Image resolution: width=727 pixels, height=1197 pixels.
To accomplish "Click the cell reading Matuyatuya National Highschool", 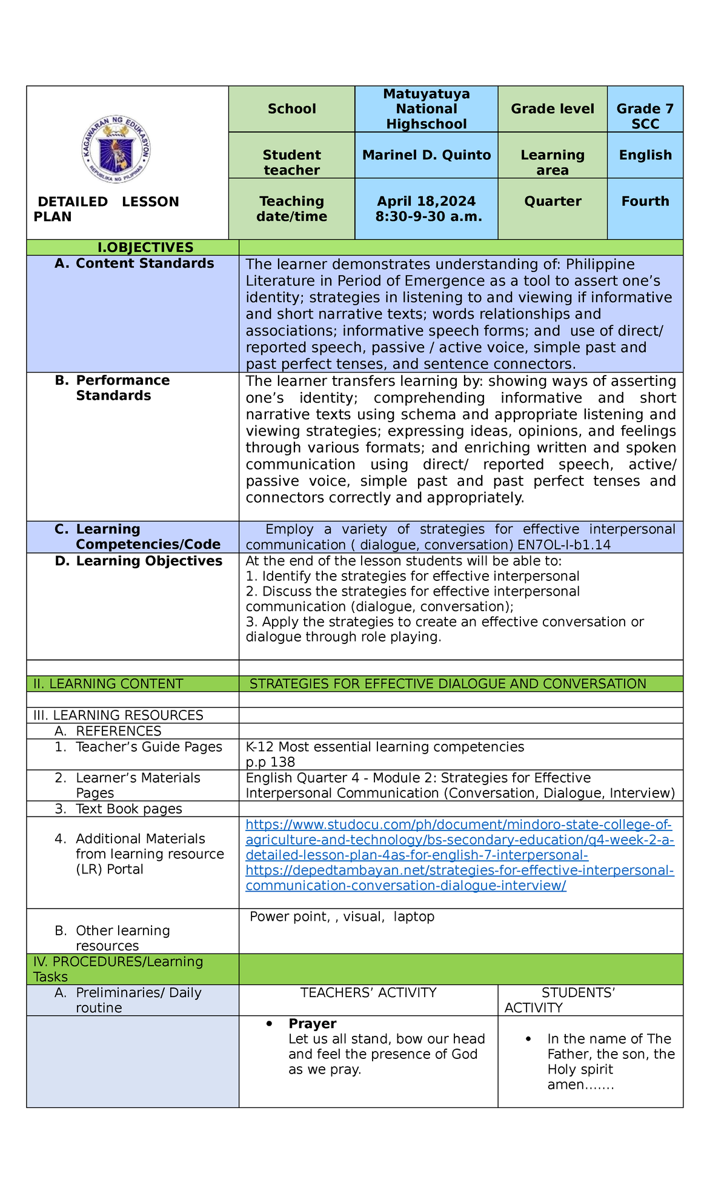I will click(426, 109).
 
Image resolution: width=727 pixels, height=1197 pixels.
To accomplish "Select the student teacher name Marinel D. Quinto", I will click(426, 155).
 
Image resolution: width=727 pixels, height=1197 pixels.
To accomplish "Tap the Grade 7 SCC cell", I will click(645, 116).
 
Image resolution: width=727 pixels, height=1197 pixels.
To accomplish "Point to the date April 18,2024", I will click(426, 201).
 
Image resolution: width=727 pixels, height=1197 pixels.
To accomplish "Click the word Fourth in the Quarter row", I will click(645, 201).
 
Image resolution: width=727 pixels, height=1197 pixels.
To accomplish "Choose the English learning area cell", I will click(645, 155).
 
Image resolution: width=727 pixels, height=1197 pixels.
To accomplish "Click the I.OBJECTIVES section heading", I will click(146, 247).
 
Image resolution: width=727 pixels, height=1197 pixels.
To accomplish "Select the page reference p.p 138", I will click(270, 762).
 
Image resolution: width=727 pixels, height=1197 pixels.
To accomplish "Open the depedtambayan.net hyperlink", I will click(459, 878).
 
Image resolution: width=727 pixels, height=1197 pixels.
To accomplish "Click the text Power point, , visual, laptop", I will click(342, 917).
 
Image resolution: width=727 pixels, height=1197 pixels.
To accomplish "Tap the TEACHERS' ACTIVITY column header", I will click(368, 992).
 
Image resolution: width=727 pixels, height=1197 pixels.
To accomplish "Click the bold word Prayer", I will click(312, 1023).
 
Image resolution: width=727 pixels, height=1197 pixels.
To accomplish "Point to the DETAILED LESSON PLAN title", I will click(107, 208).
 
